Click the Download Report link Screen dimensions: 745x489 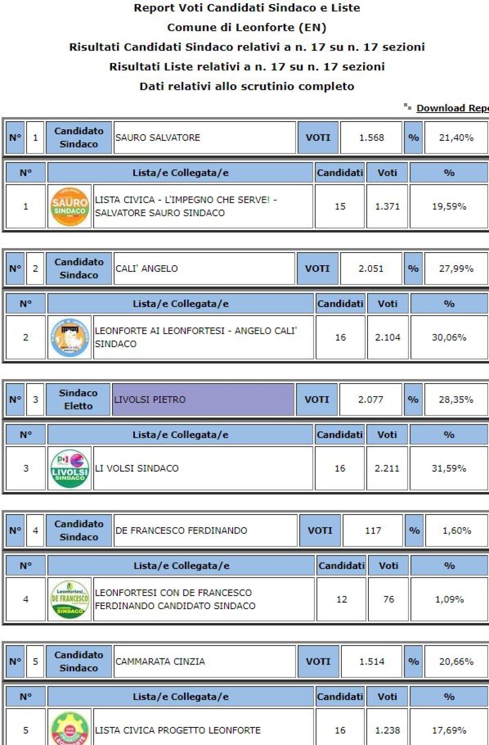452,108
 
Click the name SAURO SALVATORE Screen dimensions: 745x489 158,138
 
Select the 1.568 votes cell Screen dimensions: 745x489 371,138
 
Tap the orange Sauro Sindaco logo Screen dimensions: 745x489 70,206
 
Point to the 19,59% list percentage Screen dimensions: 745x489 449,206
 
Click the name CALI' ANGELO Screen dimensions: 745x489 147,269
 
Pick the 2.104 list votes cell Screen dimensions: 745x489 388,337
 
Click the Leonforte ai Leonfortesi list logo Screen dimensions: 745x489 70,337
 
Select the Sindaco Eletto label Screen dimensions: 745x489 78,399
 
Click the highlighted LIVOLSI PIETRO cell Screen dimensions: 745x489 203,399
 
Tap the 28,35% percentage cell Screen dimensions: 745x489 456,399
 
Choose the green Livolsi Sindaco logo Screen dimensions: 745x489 70,468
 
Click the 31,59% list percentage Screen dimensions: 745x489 449,468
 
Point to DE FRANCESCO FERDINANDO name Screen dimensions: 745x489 181,530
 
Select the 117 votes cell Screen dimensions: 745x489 373,530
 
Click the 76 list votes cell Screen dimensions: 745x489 388,599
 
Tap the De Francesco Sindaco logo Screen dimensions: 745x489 70,599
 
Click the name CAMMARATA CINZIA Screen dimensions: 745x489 160,661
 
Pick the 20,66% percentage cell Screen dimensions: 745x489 456,661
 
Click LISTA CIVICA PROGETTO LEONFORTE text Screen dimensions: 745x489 178,730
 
